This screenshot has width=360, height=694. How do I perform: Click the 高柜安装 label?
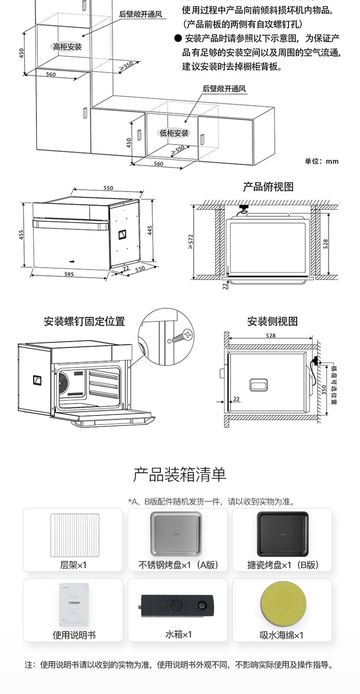(x=67, y=47)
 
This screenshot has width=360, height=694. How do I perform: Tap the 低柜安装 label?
(x=174, y=133)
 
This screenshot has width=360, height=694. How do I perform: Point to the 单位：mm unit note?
(x=322, y=161)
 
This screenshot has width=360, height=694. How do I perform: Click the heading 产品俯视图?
(x=268, y=187)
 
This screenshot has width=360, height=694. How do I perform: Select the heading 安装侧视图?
(x=272, y=321)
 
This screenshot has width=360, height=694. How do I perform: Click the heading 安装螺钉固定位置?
(x=84, y=321)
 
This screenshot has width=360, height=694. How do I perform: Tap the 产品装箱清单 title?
(x=180, y=475)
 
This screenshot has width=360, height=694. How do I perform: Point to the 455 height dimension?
(x=21, y=234)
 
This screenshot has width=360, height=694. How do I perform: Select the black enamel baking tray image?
(x=281, y=534)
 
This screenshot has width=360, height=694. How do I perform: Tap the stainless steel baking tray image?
(x=177, y=534)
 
